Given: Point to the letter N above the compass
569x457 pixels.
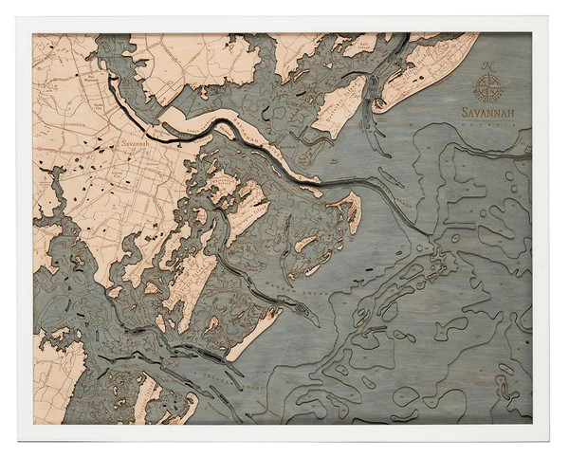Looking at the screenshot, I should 489,65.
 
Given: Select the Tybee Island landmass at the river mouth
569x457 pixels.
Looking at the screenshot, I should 349,210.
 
